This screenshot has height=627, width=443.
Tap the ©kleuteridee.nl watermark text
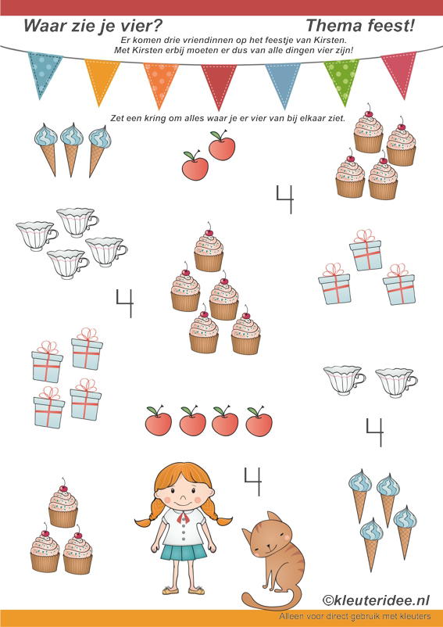pyautogui.click(x=376, y=600)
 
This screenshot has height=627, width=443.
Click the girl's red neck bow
pyautogui.click(x=184, y=518)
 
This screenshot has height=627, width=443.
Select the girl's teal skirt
pyautogui.click(x=184, y=553)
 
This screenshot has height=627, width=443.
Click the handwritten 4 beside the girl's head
pyautogui.click(x=252, y=482)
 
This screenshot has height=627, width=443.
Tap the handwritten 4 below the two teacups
pyautogui.click(x=375, y=432)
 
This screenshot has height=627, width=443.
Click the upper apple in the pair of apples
pyautogui.click(x=222, y=145)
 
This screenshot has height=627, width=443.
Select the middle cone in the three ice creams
pyautogui.click(x=72, y=149)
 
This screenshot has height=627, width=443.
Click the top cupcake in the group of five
pyautogui.click(x=209, y=247)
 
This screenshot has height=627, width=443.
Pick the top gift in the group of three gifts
pyautogui.click(x=366, y=250)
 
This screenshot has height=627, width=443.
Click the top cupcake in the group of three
pyautogui.click(x=63, y=503)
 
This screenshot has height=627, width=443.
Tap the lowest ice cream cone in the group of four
pyautogui.click(x=371, y=544)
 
